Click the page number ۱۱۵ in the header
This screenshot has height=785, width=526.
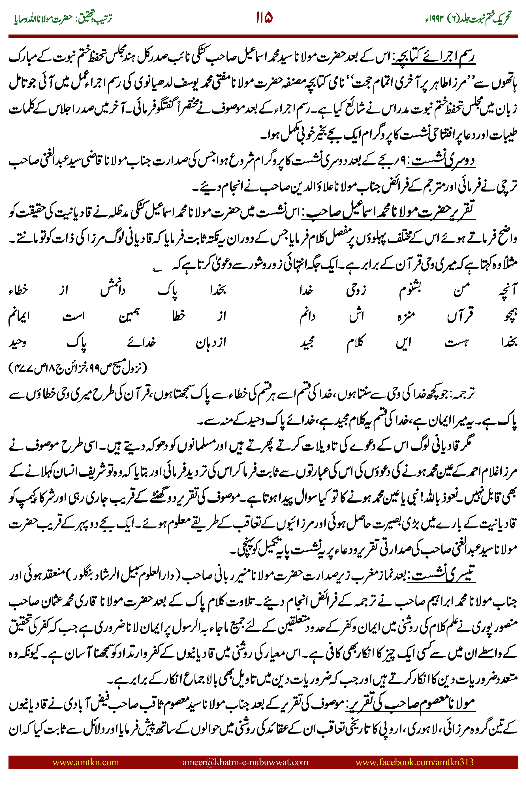(x=264, y=18)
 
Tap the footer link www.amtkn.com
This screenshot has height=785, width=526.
(x=85, y=762)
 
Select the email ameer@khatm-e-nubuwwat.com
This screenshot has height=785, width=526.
(x=245, y=762)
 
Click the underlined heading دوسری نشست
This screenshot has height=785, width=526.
(x=443, y=162)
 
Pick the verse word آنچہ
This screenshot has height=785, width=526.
(x=508, y=290)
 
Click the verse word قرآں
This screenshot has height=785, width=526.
(x=460, y=316)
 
